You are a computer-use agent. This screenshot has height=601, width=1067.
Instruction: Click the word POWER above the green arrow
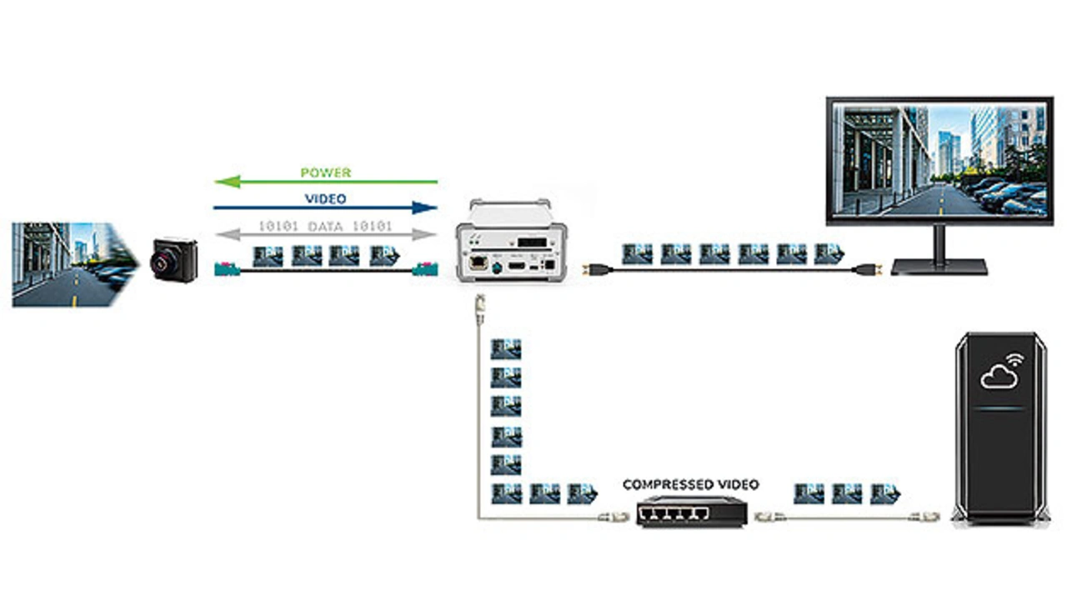point(326,173)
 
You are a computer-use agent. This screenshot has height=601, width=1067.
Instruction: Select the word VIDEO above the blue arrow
point(326,199)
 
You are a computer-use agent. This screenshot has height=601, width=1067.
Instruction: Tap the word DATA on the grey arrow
point(325,227)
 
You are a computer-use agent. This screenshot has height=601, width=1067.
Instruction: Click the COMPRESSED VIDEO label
point(691,484)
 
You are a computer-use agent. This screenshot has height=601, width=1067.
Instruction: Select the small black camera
point(173,260)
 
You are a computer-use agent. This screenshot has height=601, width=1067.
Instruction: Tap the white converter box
point(509,242)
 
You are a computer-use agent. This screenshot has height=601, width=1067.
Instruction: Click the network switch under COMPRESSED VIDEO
point(690,510)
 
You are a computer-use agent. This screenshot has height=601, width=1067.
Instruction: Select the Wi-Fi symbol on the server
point(1014,361)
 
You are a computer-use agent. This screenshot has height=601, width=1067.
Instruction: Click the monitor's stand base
point(939,267)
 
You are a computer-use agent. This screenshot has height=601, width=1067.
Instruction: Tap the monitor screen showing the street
point(939,160)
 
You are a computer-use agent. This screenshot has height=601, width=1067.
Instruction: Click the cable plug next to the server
point(929,517)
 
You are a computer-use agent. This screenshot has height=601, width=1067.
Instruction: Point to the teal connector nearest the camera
point(225,269)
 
